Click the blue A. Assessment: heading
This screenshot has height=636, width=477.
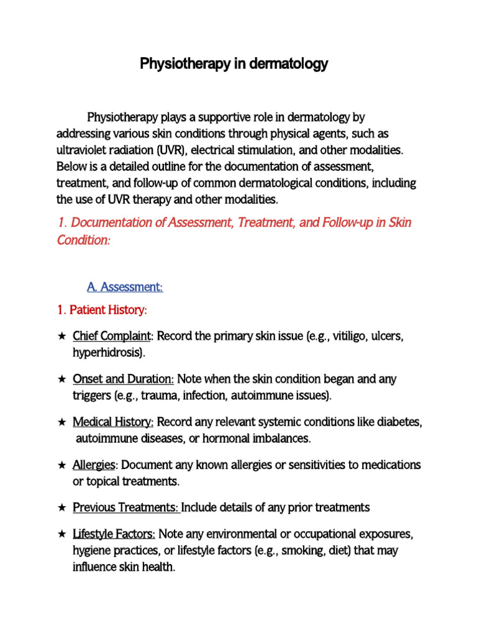(x=124, y=287)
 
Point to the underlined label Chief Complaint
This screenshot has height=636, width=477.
(x=112, y=336)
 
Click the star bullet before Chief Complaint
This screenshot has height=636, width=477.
(x=61, y=336)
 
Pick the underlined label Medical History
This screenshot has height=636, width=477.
(x=113, y=422)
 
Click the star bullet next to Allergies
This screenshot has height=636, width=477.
(x=61, y=465)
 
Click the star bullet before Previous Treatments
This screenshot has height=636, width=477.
(x=61, y=508)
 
